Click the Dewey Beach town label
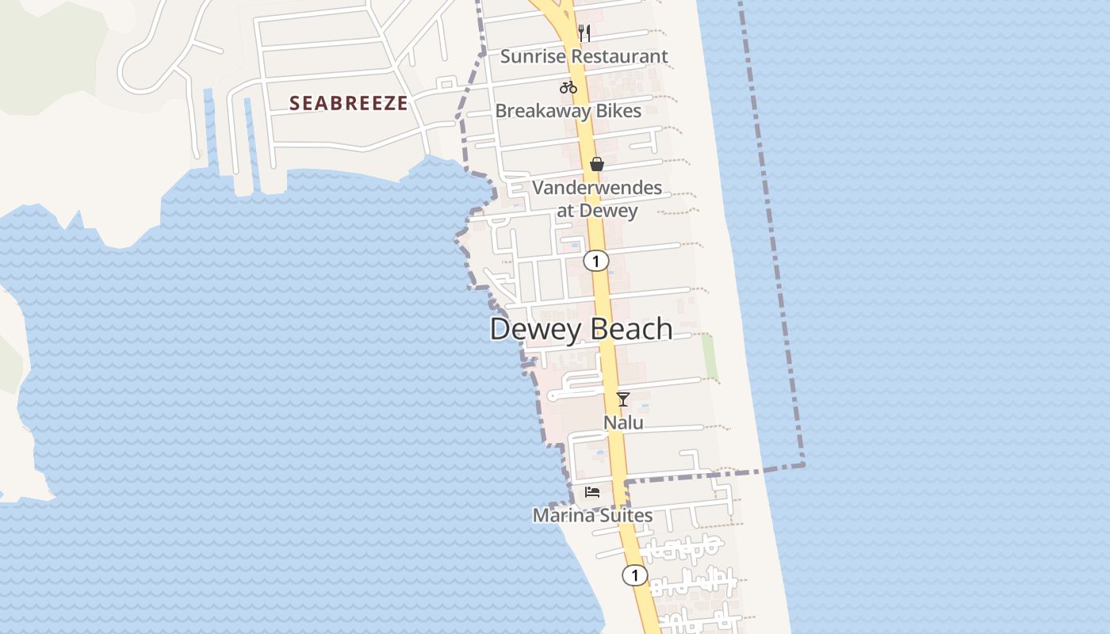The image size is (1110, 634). pyautogui.click(x=581, y=329)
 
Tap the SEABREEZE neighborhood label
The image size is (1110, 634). pyautogui.click(x=349, y=103)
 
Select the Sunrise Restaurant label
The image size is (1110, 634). pyautogui.click(x=584, y=56)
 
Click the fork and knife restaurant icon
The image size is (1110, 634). pyautogui.click(x=584, y=33)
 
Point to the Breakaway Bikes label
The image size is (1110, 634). pyautogui.click(x=568, y=111)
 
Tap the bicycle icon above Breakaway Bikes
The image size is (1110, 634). pyautogui.click(x=568, y=87)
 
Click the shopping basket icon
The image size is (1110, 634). pyautogui.click(x=597, y=164)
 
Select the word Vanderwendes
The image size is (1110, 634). pyautogui.click(x=597, y=188)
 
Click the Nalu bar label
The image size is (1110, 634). pyautogui.click(x=623, y=422)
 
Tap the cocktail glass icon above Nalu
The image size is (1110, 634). pyautogui.click(x=623, y=399)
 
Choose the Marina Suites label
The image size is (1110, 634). pyautogui.click(x=592, y=515)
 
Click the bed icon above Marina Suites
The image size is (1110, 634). pyautogui.click(x=592, y=491)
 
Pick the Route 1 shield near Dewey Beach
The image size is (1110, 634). pyautogui.click(x=596, y=260)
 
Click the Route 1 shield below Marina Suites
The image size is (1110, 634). pyautogui.click(x=634, y=575)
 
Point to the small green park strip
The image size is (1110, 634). pyautogui.click(x=710, y=357)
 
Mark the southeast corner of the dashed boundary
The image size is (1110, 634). pyautogui.click(x=803, y=464)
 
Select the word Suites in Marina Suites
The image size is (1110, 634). pyautogui.click(x=624, y=515)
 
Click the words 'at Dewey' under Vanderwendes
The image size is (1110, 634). pyautogui.click(x=597, y=211)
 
